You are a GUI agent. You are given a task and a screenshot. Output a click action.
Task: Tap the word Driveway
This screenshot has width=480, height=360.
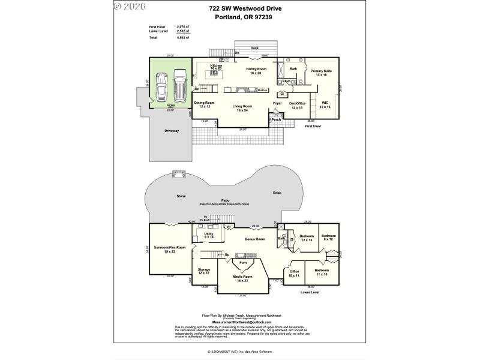point(172,131)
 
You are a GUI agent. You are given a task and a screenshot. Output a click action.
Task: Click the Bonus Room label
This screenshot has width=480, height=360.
point(255,239)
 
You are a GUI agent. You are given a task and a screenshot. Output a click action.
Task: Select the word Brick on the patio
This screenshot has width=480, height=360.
point(277,193)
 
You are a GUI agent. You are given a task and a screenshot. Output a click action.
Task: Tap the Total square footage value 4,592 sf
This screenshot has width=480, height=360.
point(182,38)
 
